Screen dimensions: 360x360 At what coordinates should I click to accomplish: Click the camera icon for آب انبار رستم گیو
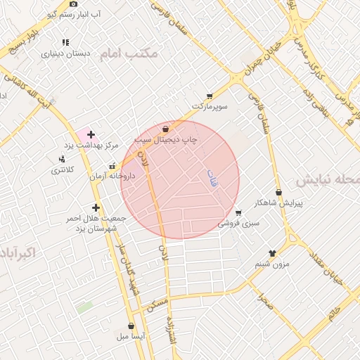pyautogui.click(x=74, y=4)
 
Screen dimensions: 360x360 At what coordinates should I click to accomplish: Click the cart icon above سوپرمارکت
pyautogui.click(x=209, y=96)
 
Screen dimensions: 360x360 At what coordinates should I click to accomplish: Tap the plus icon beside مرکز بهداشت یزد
pyautogui.click(x=91, y=134)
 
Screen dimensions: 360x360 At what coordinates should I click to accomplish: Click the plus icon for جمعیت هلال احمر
pyautogui.click(x=96, y=207)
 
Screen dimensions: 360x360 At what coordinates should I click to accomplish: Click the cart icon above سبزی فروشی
pyautogui.click(x=238, y=213)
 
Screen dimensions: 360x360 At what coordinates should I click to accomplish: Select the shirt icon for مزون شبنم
pyautogui.click(x=272, y=253)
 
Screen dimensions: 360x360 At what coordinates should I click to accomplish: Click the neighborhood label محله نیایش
pyautogui.click(x=326, y=181)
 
